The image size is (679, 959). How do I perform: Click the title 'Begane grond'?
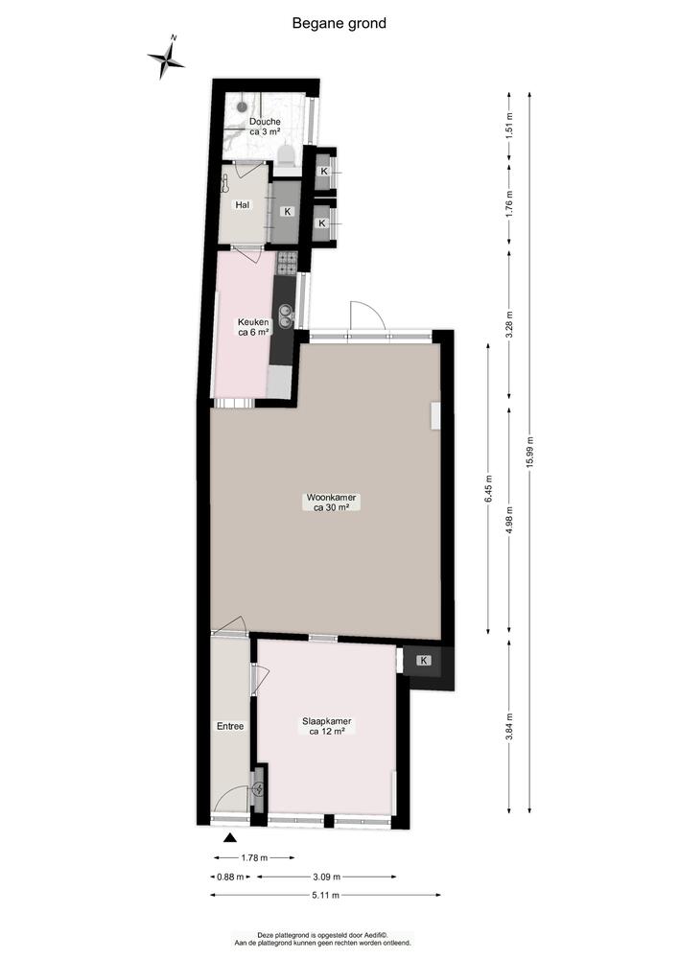coord(339,23)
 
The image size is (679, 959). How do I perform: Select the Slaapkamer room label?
coord(326,726)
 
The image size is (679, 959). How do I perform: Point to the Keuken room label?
coord(253,327)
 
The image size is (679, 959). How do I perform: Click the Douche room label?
coord(265,127)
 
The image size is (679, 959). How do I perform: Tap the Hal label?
coord(243,204)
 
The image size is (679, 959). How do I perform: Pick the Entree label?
coord(230,726)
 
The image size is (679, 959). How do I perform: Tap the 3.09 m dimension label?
coord(328,877)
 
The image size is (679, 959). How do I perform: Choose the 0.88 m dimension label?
coord(226,877)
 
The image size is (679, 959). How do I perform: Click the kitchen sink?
coord(285,310)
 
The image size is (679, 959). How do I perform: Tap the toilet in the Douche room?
coord(286,155)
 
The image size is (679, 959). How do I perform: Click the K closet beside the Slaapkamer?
coord(423,661)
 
